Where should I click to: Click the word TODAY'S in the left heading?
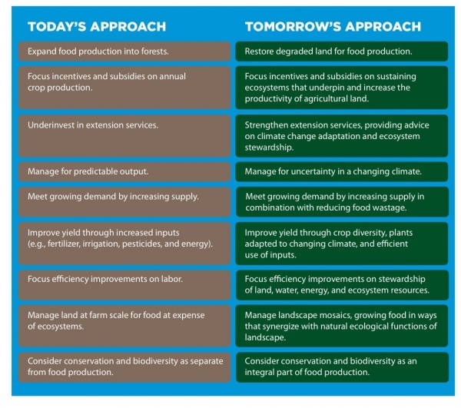pos(56,26)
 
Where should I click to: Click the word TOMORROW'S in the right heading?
pos(293,26)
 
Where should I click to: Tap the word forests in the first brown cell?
pos(154,51)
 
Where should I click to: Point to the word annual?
pos(172,76)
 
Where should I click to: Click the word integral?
pos(259,373)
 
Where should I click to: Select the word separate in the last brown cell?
pos(207,361)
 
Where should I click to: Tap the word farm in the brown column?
pos(98,315)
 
